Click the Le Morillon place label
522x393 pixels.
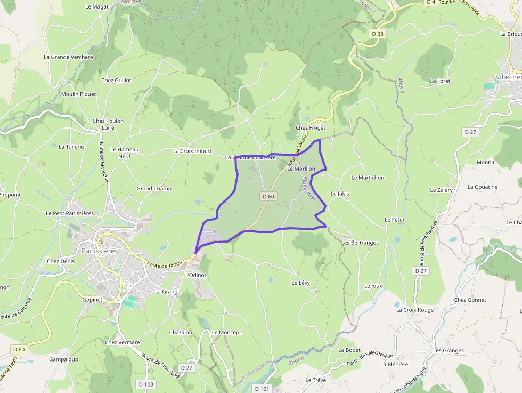coord(301,169)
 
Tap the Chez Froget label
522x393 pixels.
coord(311,128)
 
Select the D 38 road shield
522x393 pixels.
coord(377,34)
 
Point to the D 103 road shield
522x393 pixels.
coord(145,384)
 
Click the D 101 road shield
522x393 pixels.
coord(262,389)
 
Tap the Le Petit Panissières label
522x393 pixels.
coord(70,213)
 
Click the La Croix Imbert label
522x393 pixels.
coord(192,151)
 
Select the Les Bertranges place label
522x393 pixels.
coord(360,243)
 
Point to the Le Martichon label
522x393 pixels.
coord(368,178)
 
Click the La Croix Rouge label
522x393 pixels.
coord(414,310)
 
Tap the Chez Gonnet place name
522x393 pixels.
coord(470,300)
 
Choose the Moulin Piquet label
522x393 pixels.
coord(78,94)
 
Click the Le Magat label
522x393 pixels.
coord(96,6)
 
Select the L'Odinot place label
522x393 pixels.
coord(195,275)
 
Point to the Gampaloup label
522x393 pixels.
coord(63,359)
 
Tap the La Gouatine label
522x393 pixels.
coord(482,187)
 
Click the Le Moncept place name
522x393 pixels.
coord(226,332)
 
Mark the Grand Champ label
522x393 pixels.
coord(154,188)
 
